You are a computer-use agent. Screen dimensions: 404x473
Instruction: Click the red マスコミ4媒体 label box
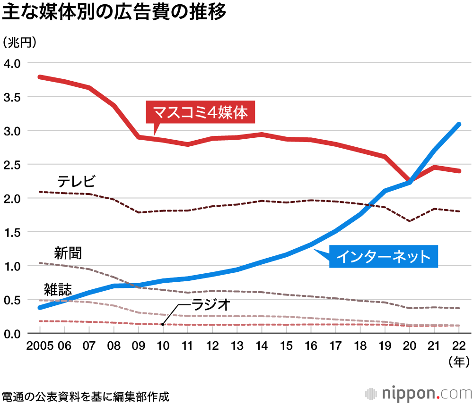200,113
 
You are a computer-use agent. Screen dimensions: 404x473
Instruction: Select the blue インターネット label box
383,257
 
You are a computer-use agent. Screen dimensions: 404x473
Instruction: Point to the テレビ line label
76,181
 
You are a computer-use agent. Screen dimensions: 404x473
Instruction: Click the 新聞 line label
68,253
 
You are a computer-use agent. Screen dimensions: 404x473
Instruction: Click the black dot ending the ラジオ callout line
163,324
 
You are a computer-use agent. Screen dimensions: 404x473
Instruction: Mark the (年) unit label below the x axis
458,362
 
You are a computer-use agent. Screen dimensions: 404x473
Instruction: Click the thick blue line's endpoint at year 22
458,125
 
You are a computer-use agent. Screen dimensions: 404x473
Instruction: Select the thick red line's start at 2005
41,77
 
